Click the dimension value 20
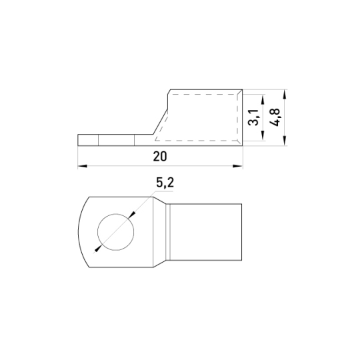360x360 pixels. (x=160, y=157)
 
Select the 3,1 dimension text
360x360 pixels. (x=253, y=117)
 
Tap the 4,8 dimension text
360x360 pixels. (x=275, y=117)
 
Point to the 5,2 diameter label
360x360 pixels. (x=165, y=183)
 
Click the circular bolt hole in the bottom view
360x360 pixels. (x=116, y=232)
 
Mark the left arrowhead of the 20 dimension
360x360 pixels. (x=83, y=166)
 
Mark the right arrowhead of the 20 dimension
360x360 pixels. (x=237, y=166)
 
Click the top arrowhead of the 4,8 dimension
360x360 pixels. (x=285, y=94)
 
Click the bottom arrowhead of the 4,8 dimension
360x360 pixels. (x=285, y=141)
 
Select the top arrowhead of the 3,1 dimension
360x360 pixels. (x=263, y=99)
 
